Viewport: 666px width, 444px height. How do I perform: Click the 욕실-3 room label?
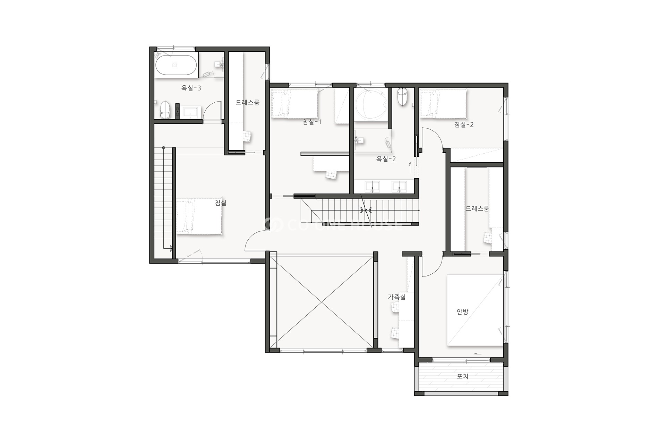(191, 88)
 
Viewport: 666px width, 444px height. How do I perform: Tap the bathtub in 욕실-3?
(176, 65)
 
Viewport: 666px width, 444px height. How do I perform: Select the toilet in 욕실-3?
(165, 110)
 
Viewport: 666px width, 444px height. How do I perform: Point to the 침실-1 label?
(312, 122)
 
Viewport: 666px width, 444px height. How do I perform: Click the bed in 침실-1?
(294, 104)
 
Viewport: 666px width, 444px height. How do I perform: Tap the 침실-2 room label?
(464, 125)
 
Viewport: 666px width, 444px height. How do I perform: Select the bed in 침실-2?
(443, 103)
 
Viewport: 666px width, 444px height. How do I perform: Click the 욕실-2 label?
(386, 159)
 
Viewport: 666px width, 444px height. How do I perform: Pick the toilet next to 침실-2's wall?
(402, 96)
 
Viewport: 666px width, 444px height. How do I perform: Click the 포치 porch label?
(463, 376)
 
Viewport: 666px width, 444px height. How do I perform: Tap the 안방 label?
(462, 312)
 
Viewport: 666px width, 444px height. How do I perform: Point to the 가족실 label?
(396, 297)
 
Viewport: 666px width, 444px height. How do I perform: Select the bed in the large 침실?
(199, 216)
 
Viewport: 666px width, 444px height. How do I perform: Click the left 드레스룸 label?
(248, 102)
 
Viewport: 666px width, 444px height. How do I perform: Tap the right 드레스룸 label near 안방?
(477, 208)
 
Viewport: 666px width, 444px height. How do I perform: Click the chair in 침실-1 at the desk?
(332, 174)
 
